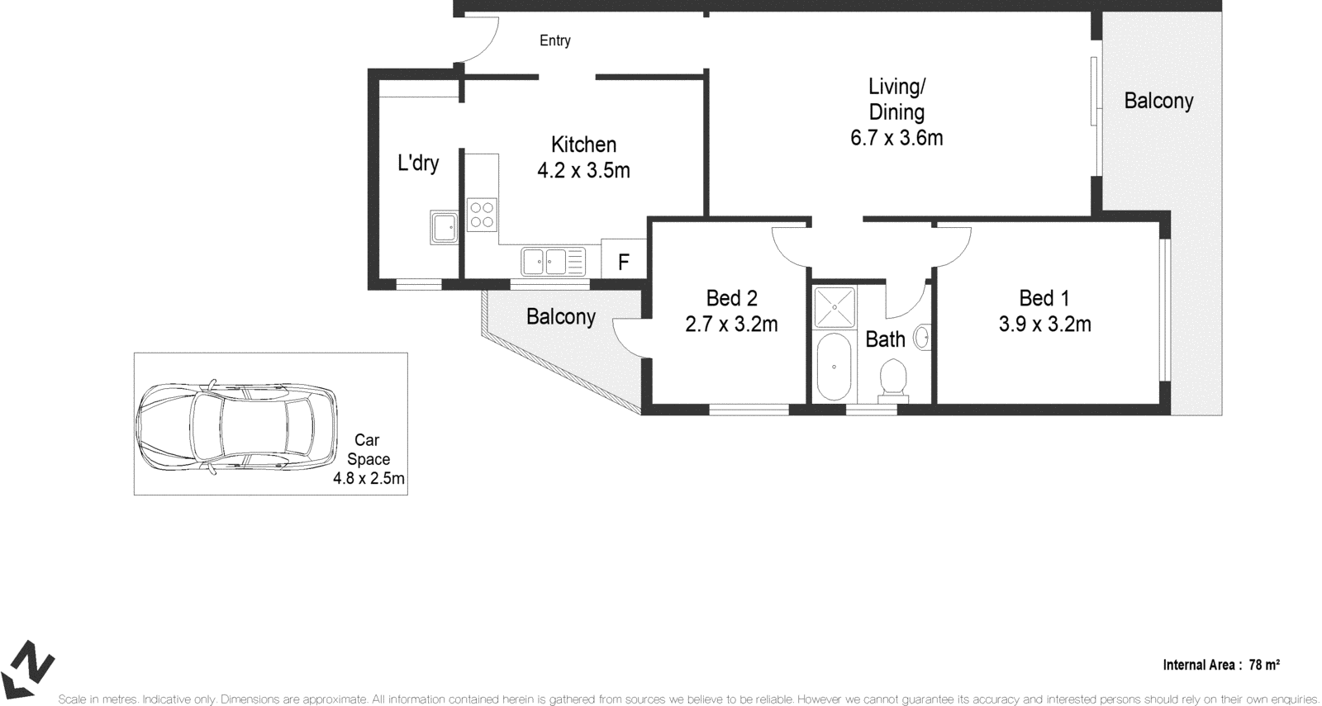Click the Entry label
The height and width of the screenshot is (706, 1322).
554,40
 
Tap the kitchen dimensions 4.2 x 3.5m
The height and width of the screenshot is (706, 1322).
583,171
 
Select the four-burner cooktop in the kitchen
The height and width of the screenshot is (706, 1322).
482,215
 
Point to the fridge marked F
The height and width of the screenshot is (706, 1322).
624,263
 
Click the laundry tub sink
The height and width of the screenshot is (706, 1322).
444,227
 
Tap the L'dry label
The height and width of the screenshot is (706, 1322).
418,163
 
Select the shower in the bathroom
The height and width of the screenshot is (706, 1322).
835,306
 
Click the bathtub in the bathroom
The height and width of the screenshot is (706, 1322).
834,367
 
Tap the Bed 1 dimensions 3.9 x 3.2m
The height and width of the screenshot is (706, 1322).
1044,325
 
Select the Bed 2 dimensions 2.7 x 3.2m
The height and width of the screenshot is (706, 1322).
731,325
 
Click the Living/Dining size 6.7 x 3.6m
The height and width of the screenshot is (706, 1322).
896,138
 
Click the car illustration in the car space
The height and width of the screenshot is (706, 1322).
236,425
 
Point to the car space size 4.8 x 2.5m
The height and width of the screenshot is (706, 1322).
369,478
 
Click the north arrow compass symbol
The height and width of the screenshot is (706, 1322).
29,667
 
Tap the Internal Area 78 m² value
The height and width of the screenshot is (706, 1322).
1264,665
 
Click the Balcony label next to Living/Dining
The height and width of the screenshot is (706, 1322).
1158,101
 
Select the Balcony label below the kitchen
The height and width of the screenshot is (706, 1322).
560,316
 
